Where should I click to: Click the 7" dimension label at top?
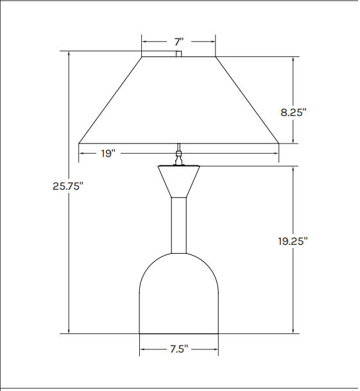tap(178, 42)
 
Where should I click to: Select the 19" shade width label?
tap(107, 153)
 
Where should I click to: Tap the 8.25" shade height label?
tap(293, 112)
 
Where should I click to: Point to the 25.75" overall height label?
tap(68, 186)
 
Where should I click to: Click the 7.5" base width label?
tap(178, 349)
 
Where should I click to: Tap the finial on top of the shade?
tap(179, 53)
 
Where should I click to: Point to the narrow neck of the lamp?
tap(179, 224)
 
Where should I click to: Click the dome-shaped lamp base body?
tap(179, 295)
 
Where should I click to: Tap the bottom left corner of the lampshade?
tap(79, 142)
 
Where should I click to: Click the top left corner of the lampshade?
tap(142, 57)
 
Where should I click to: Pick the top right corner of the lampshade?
tap(216, 57)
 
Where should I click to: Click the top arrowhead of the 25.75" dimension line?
tap(68, 53)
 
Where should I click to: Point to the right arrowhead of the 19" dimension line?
tap(277, 153)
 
